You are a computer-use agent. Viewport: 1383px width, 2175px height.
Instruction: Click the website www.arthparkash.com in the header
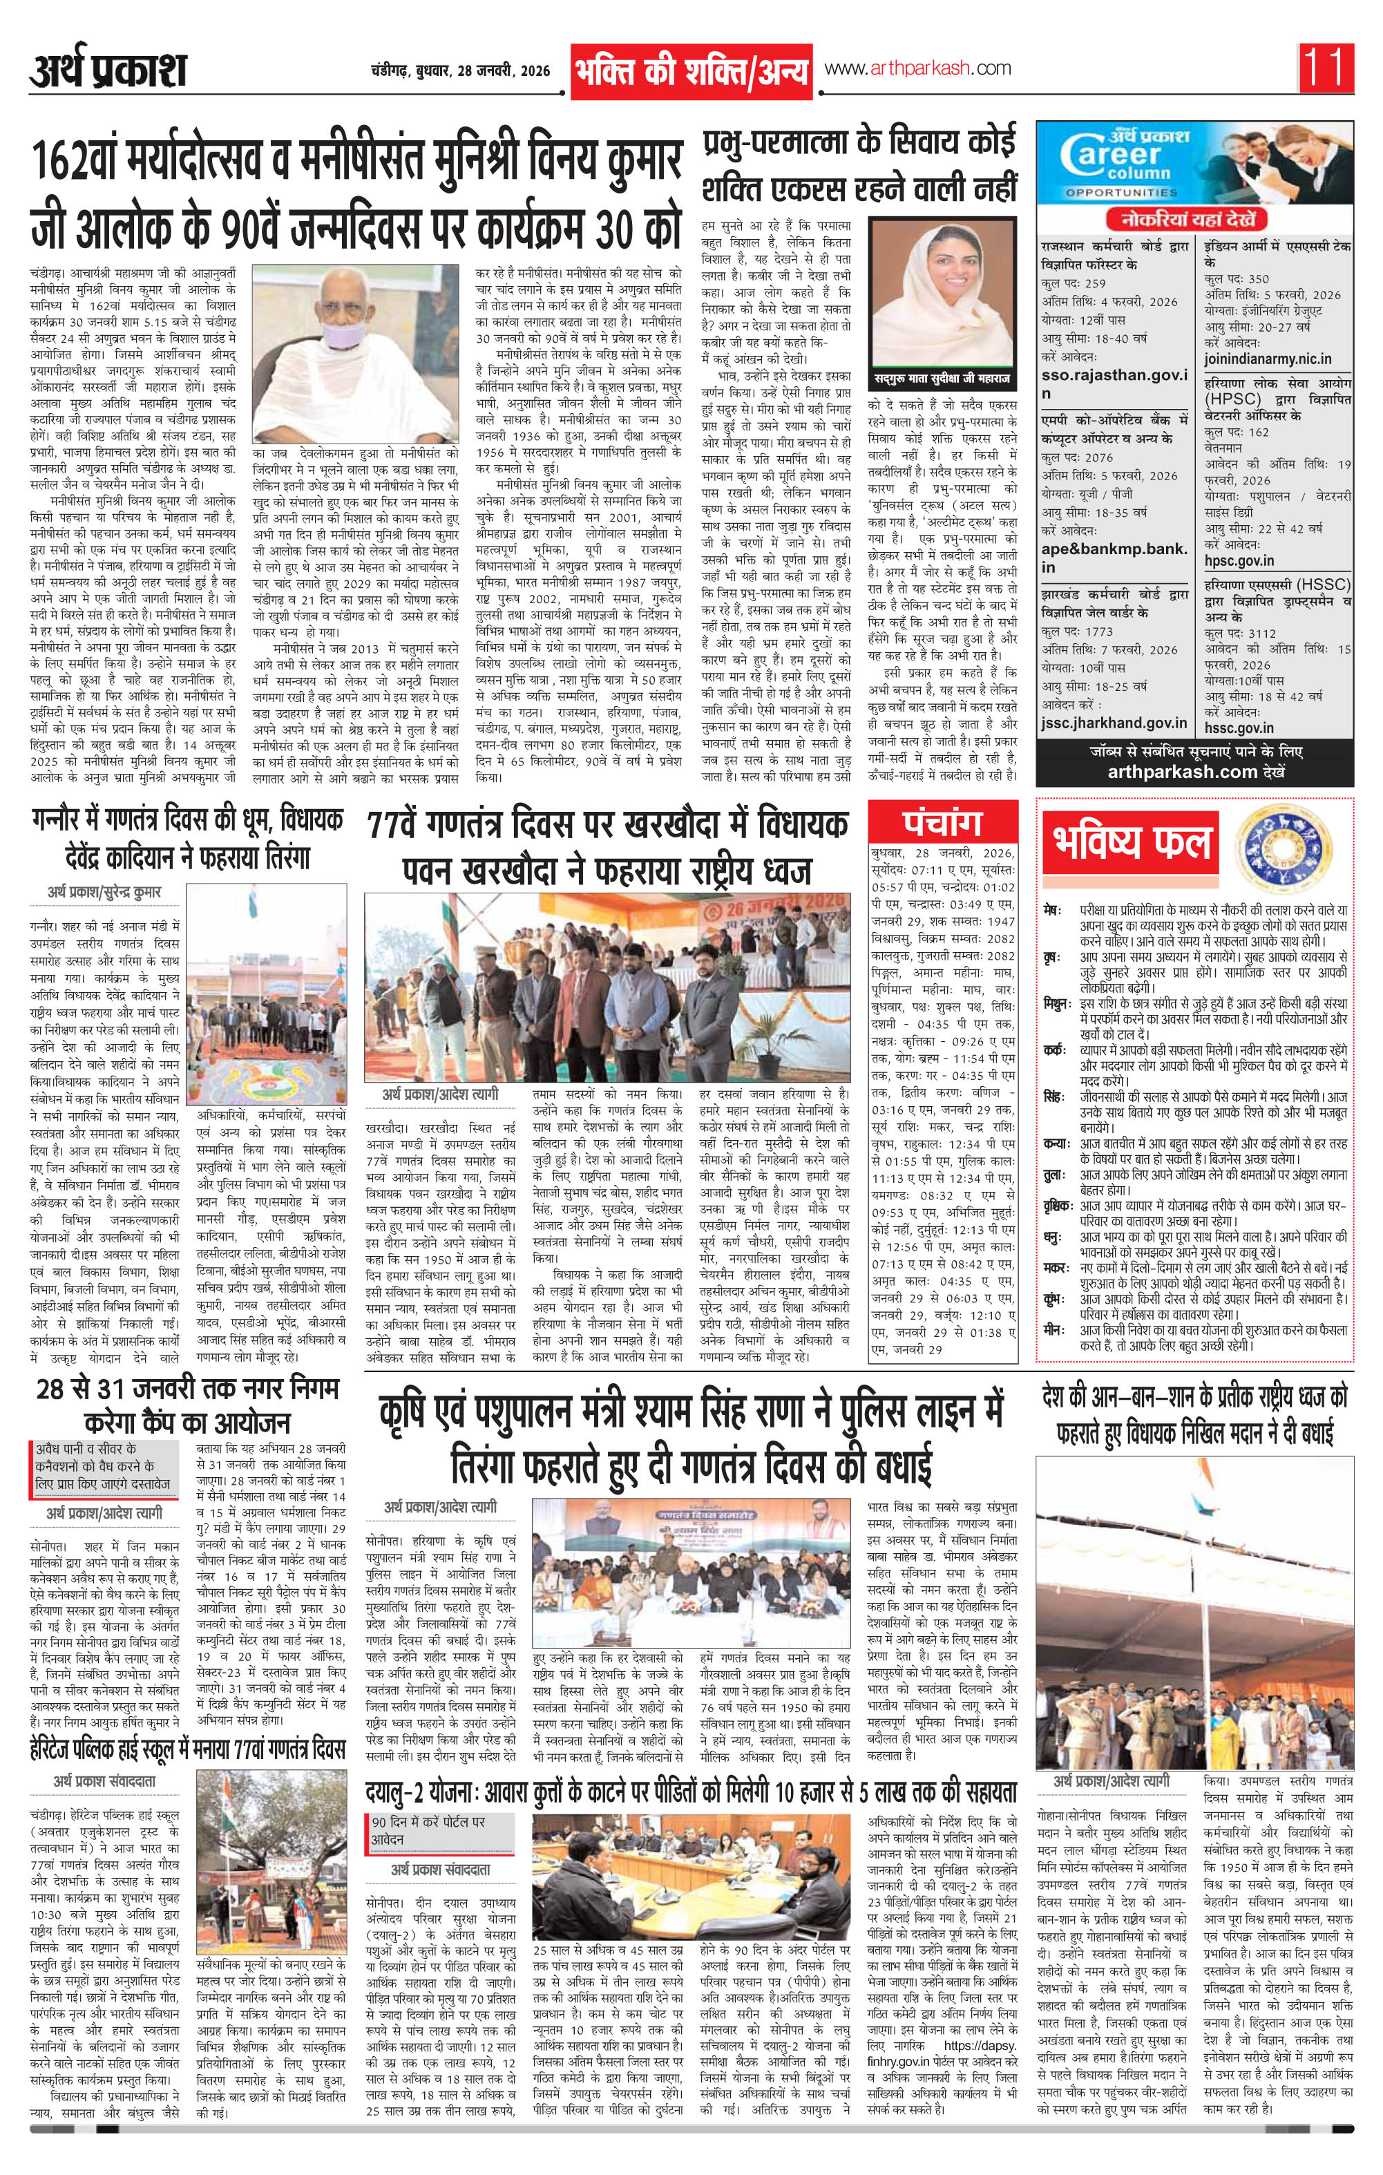coord(916,68)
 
